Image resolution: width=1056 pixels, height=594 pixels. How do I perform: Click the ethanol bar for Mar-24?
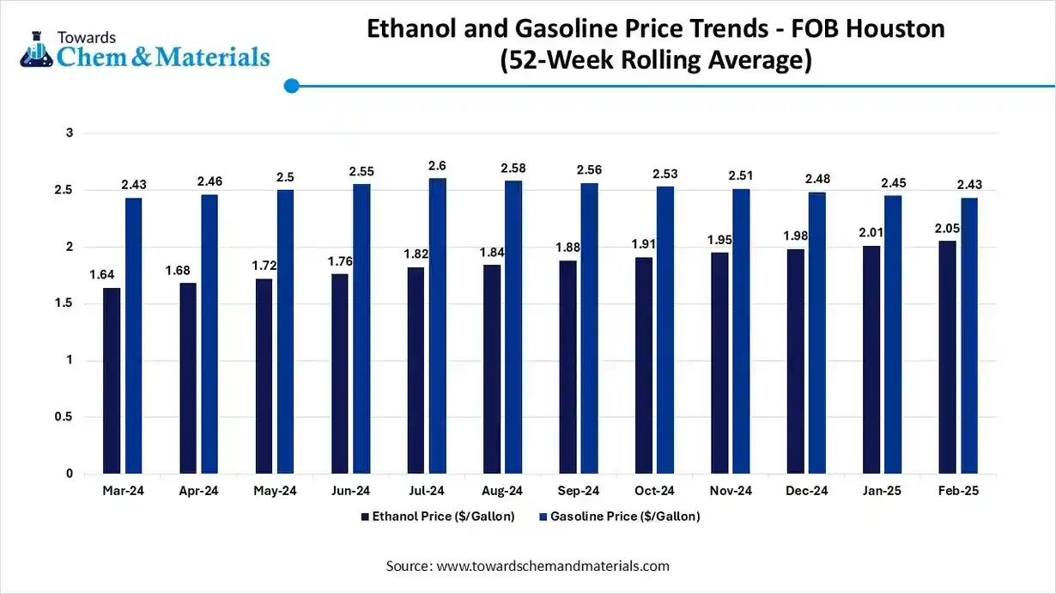pos(112,381)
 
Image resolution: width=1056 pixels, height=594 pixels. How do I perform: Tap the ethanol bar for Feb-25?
pos(947,358)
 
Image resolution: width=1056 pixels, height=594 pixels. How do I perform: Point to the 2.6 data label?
pos(437,166)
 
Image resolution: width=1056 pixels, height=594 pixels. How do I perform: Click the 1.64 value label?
pos(102,275)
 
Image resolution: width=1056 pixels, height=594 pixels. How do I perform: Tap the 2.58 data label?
pos(513,168)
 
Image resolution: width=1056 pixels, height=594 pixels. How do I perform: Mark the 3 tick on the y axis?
pos(70,133)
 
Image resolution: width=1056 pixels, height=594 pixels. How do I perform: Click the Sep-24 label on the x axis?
pos(578,491)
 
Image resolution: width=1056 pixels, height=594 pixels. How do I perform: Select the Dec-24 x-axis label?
pos(806,491)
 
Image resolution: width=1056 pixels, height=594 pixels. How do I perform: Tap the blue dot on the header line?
pos(291,86)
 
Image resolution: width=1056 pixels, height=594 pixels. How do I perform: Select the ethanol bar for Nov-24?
pos(719,363)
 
